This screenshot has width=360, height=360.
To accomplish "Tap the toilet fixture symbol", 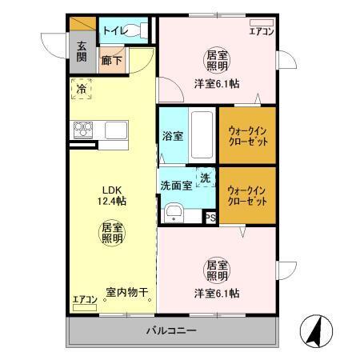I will pos(138,30).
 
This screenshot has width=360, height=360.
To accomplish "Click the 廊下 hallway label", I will pos(111,58).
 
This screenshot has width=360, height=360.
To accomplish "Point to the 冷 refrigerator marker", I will pos(81,90).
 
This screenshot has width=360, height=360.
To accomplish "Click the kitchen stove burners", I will pos(83,129).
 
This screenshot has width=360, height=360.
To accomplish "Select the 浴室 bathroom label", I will pos(172,136).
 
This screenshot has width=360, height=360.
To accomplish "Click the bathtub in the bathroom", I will pos(202,135).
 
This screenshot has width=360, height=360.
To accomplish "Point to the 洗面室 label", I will pos(176,185).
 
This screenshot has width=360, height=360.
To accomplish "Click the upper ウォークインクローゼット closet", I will pos(247,134).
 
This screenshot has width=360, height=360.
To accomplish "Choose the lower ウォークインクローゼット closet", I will pos(247,196).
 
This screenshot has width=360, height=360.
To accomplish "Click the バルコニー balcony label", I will pos(171,330).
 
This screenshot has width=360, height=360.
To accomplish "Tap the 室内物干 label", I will pos(128,293).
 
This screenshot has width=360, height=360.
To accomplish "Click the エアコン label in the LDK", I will pos(85,300).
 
